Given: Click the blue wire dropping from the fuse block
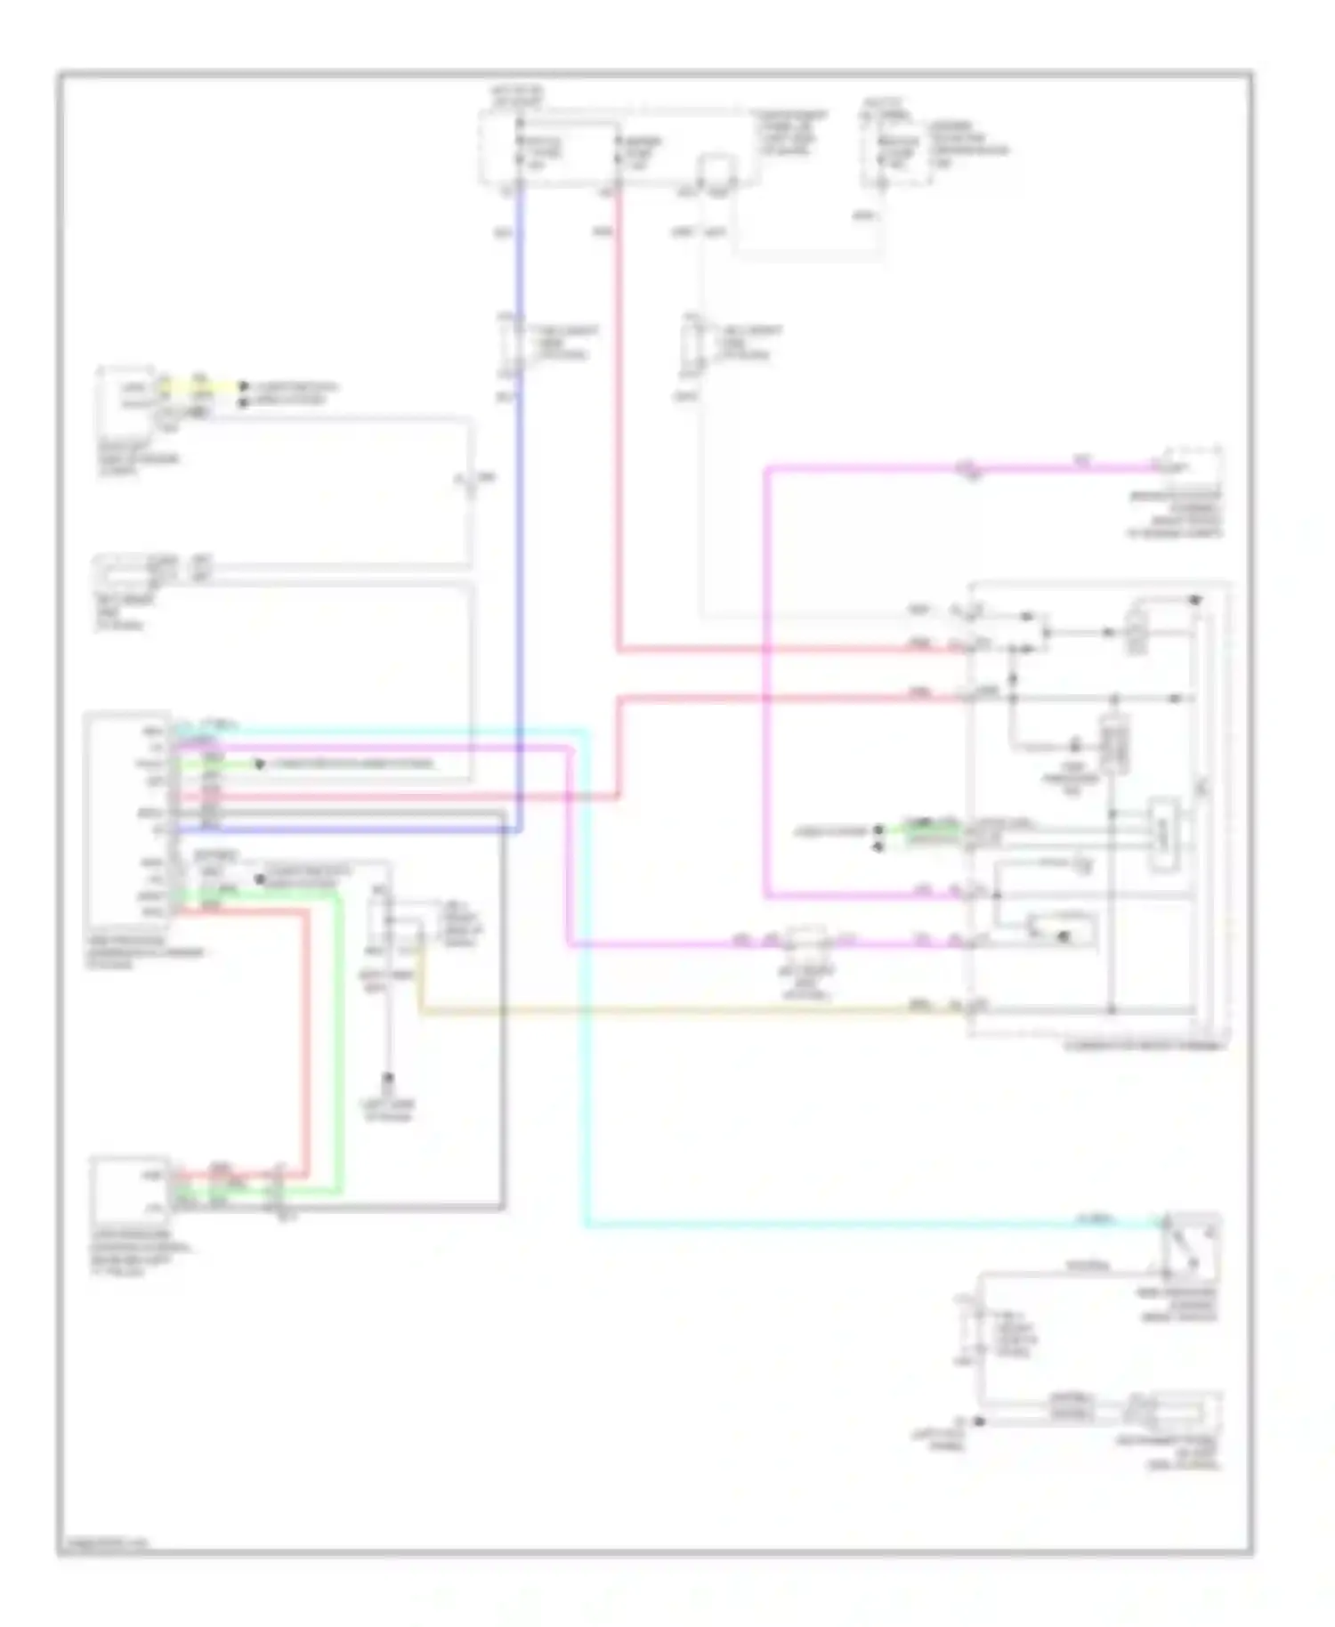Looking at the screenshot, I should click(x=520, y=534).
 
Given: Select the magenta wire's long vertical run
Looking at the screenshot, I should click(x=766, y=676).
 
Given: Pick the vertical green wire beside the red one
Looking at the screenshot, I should click(x=339, y=1041).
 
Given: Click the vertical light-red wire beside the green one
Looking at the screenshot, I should click(x=307, y=1041).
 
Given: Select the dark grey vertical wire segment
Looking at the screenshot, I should click(x=504, y=1006).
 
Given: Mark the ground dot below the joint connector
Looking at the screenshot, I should click(x=388, y=1080).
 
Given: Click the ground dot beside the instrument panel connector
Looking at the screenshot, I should click(x=978, y=1421).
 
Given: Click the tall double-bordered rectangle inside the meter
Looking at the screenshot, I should click(x=1113, y=744).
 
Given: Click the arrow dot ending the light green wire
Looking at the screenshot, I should click(x=259, y=765).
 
